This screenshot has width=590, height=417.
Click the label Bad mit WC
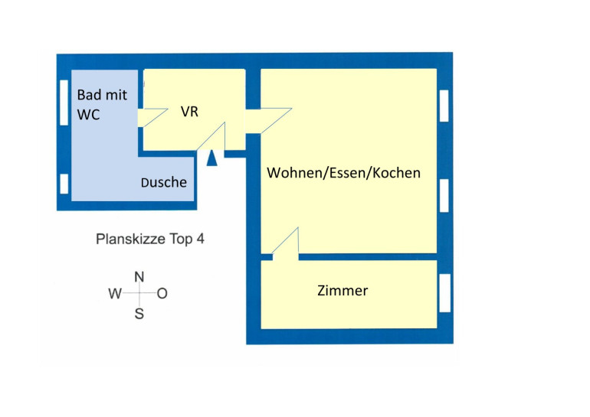point(102,105)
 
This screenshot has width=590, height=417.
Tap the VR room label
point(190,112)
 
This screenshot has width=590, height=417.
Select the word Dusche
point(164,183)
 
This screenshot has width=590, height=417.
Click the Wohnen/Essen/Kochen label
point(343,173)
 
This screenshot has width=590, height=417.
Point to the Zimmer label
point(343,291)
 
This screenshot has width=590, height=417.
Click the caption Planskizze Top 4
point(150,239)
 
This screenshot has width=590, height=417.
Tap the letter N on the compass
point(139,276)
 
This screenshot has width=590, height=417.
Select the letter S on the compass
point(139,313)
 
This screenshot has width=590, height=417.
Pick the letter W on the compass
point(115,294)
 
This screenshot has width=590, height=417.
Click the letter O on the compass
point(162,294)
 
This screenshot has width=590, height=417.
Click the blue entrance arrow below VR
point(213,157)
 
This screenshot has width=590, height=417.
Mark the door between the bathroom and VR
point(153,117)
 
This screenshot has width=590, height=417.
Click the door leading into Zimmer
point(284,244)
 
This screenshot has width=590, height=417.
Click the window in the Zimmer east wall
point(444,292)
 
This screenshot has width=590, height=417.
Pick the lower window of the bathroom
point(64,184)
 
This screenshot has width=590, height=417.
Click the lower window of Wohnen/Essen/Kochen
point(444,196)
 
